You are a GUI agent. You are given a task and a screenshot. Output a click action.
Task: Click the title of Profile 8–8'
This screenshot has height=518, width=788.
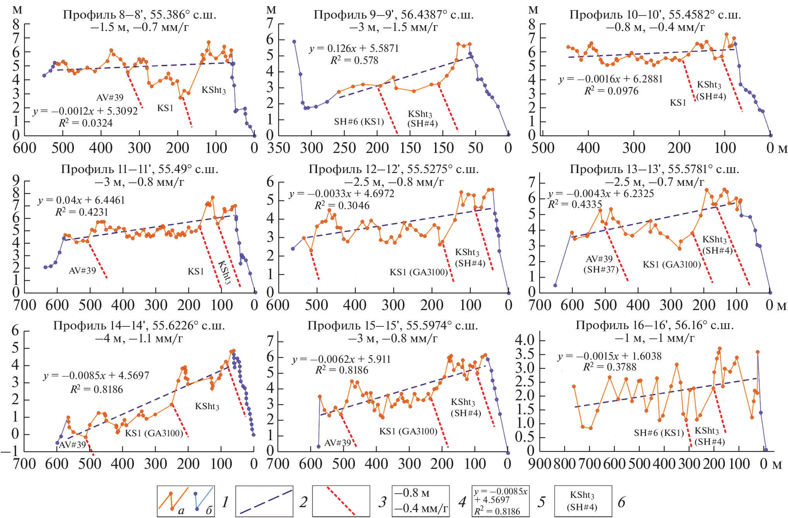click(x=139, y=15)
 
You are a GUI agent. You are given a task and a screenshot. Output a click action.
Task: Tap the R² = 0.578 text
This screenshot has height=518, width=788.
click(x=354, y=60)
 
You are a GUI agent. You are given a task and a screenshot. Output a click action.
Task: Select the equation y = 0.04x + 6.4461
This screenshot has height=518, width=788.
click(x=81, y=200)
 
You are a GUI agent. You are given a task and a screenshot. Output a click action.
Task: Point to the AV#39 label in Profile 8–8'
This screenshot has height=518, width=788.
click(x=110, y=98)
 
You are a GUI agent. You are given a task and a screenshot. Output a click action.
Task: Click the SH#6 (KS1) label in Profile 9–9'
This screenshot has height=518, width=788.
click(x=359, y=122)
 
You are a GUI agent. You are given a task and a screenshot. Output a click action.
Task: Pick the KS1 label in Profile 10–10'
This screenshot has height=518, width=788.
click(x=678, y=103)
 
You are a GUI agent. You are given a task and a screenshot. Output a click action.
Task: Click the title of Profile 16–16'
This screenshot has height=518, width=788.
click(x=654, y=325)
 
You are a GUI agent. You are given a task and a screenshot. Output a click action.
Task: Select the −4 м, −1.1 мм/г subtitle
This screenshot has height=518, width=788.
click(x=139, y=339)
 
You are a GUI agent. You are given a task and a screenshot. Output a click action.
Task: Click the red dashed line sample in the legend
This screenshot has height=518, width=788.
click(x=341, y=501)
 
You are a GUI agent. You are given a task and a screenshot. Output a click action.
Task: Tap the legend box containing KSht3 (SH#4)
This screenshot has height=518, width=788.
click(x=583, y=501)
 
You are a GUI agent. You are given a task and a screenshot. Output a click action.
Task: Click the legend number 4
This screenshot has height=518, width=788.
click(x=462, y=502)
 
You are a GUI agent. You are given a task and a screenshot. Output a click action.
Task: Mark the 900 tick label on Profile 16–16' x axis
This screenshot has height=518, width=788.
click(x=540, y=464)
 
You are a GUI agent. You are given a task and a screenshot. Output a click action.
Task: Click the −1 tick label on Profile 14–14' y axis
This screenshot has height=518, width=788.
click(x=10, y=451)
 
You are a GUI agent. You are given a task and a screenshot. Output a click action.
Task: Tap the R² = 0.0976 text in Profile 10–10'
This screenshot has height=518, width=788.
click(x=611, y=91)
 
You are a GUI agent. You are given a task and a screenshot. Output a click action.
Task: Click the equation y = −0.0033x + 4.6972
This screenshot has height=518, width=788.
click(x=341, y=194)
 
